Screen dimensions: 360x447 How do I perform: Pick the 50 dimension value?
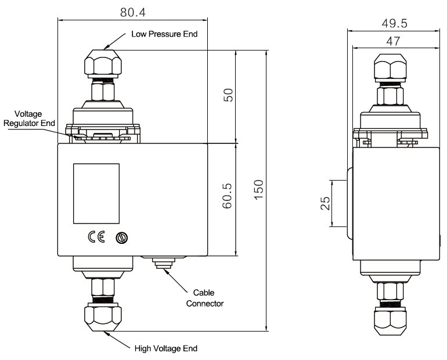(228, 96)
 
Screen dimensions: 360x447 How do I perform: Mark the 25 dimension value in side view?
(326, 203)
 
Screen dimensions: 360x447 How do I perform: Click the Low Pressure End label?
(164, 34)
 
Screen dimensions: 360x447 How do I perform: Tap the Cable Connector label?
(204, 298)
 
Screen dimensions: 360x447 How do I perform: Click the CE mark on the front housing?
(96, 237)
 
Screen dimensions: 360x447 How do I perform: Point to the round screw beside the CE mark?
(121, 237)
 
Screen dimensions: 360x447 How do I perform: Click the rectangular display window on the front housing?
(96, 193)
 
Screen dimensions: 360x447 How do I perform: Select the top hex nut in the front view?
(102, 62)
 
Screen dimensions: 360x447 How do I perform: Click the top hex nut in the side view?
(390, 69)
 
